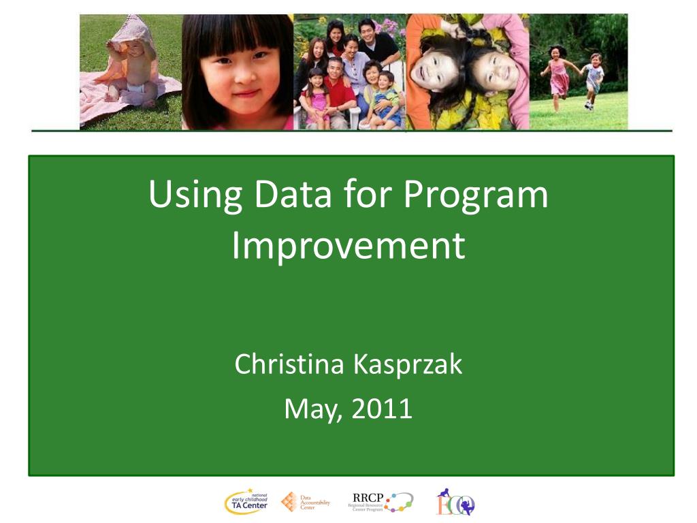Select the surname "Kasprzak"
tap(406, 365)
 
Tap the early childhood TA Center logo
tap(246, 503)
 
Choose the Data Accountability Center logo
tap(306, 503)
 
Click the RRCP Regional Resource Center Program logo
tap(380, 503)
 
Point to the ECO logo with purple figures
tap(455, 503)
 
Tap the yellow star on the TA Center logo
tap(250, 490)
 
